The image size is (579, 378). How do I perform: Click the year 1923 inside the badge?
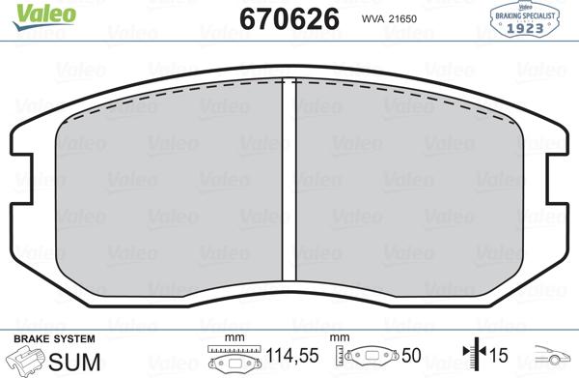tap(528, 28)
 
